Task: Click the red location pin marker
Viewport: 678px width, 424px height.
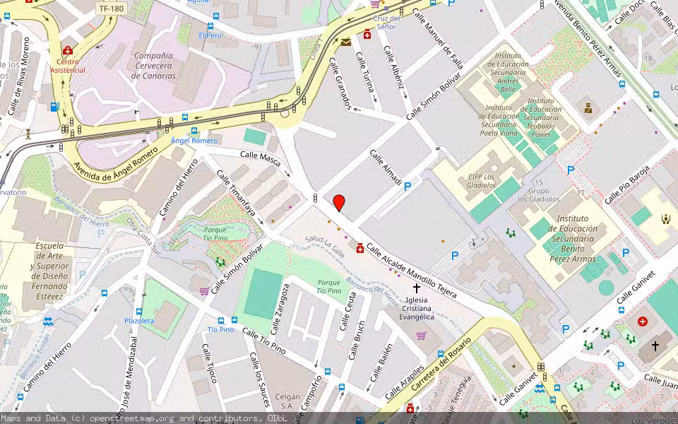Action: coord(339,202)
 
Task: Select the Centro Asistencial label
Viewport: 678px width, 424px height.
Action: coord(67,66)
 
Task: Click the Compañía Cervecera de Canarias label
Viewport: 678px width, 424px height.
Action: coord(154,66)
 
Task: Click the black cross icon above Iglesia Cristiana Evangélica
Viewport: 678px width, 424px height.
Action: coord(417,288)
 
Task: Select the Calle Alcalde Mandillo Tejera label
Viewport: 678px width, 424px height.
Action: coord(411,271)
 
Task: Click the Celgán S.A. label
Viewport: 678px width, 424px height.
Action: coord(285,401)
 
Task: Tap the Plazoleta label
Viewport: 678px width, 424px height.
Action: coord(139,320)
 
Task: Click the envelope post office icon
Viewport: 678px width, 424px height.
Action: coord(345,42)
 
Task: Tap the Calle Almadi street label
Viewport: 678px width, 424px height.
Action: coord(386,170)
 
